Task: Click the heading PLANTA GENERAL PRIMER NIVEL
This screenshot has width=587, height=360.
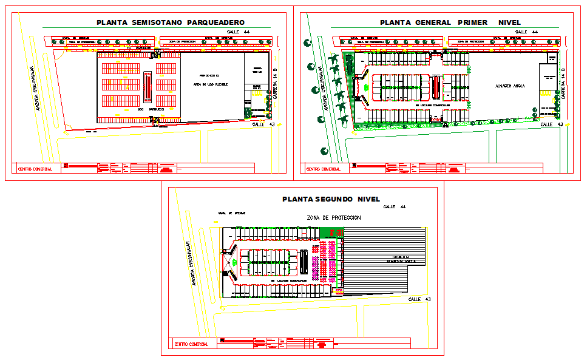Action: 450,22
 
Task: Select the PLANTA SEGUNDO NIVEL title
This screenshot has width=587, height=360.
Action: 331,199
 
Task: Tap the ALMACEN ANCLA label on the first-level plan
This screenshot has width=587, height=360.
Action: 509,86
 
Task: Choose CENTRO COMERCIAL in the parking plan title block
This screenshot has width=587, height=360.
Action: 35,169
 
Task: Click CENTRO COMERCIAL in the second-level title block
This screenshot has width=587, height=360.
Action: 191,344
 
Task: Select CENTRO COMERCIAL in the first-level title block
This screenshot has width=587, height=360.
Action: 323,169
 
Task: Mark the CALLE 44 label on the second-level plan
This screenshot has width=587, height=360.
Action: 395,207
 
